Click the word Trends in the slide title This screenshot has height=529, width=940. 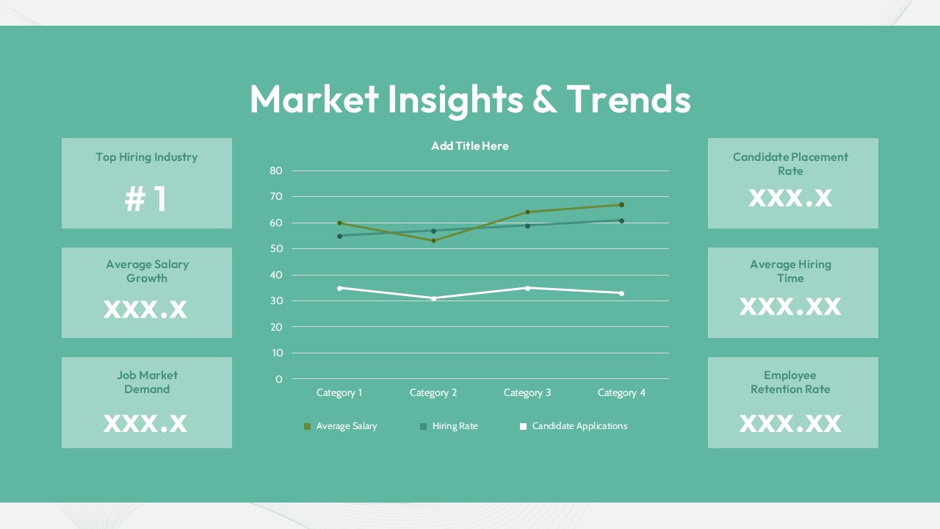[629, 99]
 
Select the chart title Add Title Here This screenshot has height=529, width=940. [470, 145]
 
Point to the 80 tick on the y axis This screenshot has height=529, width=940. [276, 170]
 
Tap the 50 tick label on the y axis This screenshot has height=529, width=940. [276, 249]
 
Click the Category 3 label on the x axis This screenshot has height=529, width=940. [527, 392]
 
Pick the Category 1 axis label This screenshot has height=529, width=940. [339, 392]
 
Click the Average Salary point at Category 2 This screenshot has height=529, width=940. [433, 240]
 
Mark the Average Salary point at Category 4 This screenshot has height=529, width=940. [621, 205]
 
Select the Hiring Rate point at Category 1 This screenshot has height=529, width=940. [339, 236]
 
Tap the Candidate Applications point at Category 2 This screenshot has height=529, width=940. [433, 298]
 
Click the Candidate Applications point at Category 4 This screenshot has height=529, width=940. [621, 293]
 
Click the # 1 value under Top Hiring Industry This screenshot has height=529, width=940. [146, 199]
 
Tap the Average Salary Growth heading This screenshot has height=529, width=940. [147, 271]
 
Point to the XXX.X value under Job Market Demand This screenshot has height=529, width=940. [145, 422]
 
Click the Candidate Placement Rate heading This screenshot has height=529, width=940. [790, 164]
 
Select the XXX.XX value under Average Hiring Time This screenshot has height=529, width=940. [790, 306]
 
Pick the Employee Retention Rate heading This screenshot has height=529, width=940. [790, 382]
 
